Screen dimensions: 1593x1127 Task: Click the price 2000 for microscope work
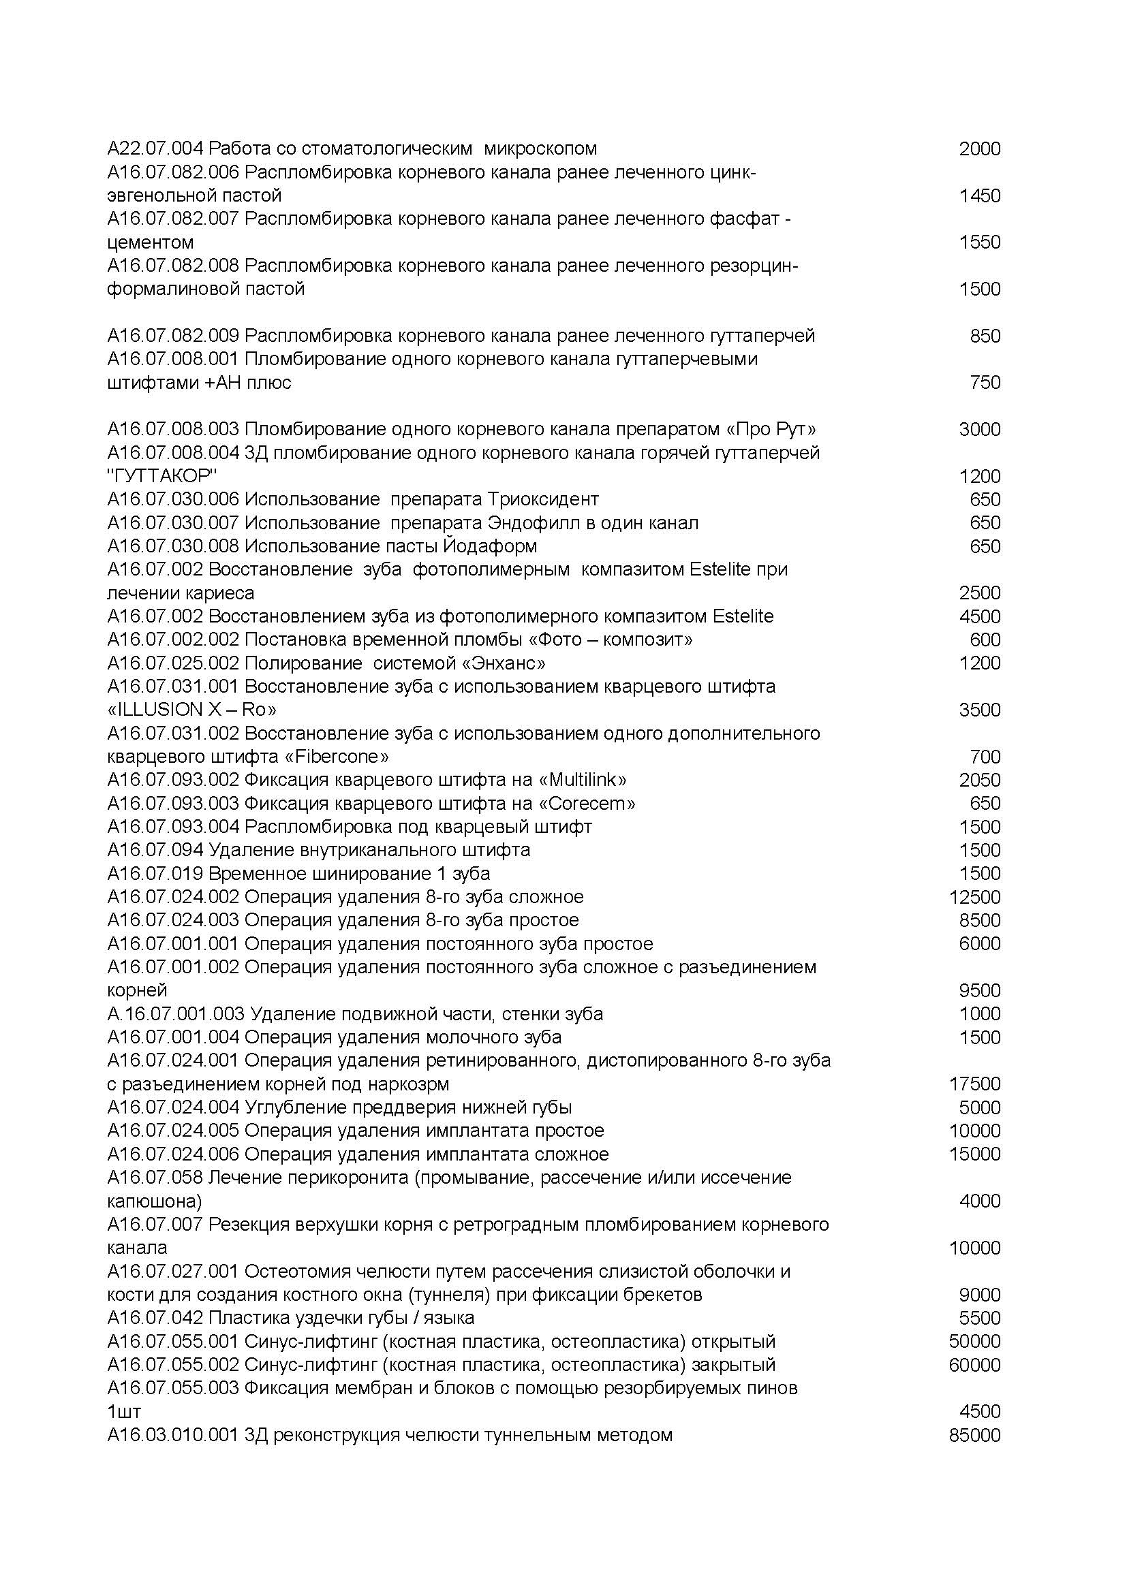click(x=979, y=149)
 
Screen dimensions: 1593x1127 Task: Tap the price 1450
click(x=979, y=195)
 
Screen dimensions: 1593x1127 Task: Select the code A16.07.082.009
click(x=173, y=336)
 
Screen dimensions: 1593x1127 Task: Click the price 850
click(x=985, y=336)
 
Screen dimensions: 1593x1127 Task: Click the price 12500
click(x=974, y=897)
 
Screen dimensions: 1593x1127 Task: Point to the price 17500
click(x=974, y=1084)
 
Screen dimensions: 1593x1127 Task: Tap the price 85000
click(x=974, y=1435)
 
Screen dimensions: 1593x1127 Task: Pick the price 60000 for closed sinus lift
click(x=974, y=1365)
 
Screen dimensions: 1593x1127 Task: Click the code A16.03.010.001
click(x=173, y=1435)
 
